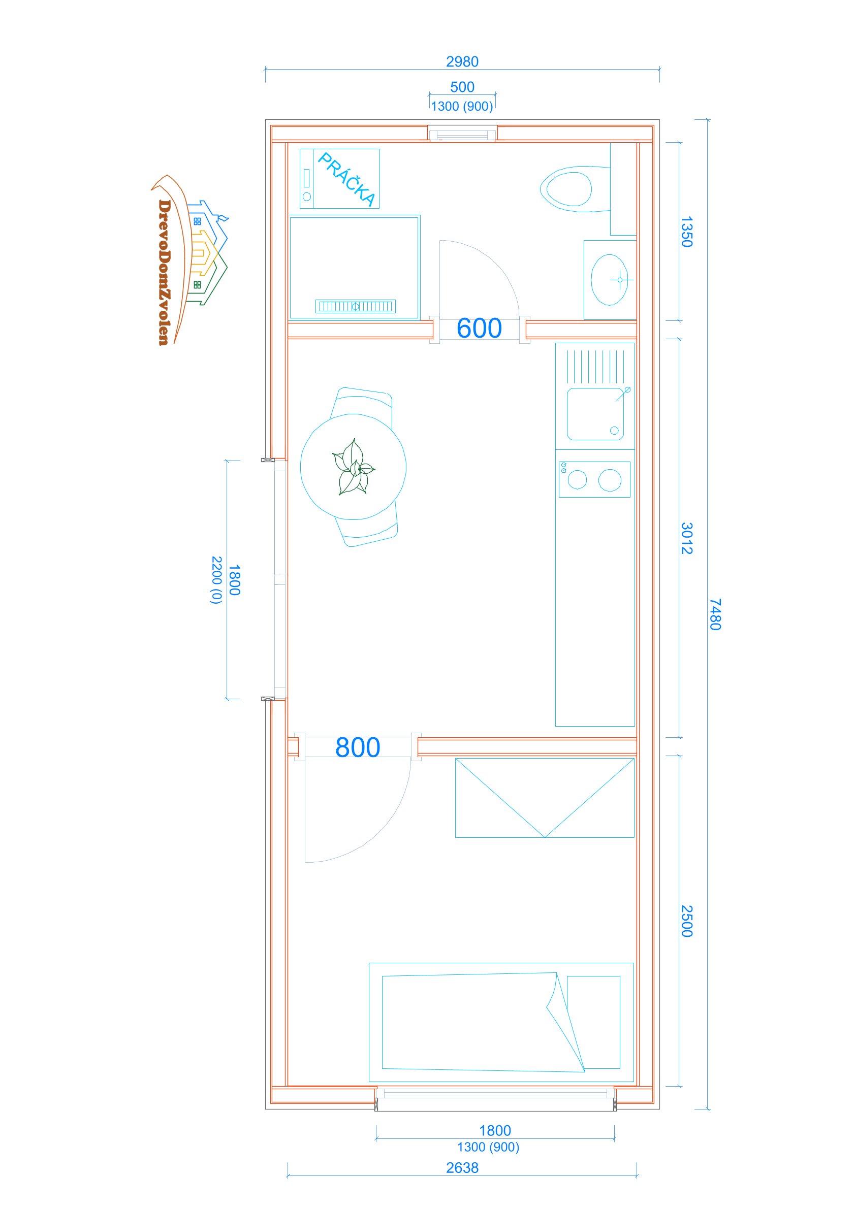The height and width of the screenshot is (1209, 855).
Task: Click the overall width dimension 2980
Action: (x=462, y=61)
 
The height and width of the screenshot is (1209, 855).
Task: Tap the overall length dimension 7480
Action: (x=715, y=614)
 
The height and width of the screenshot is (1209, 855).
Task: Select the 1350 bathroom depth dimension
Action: (x=686, y=232)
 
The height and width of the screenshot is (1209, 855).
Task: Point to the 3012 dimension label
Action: (x=686, y=538)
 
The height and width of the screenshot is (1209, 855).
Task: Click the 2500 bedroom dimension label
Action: (x=686, y=921)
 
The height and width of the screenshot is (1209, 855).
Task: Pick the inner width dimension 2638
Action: (x=462, y=1168)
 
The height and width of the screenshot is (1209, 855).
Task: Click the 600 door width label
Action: (x=479, y=328)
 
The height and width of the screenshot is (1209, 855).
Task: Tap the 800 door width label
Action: (x=358, y=747)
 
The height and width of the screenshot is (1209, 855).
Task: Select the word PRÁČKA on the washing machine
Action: (x=346, y=179)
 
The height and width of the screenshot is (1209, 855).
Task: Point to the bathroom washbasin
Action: (x=610, y=280)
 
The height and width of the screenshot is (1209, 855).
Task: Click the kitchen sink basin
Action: (x=595, y=414)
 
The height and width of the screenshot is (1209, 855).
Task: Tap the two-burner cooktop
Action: (x=594, y=479)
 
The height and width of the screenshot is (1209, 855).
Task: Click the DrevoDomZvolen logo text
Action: (x=165, y=272)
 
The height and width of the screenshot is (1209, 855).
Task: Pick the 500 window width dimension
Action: (x=462, y=87)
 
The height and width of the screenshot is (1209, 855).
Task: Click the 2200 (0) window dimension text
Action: (x=216, y=580)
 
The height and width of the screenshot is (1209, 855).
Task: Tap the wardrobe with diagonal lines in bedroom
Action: (x=545, y=798)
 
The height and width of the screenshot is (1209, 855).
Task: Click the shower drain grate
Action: (x=356, y=306)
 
